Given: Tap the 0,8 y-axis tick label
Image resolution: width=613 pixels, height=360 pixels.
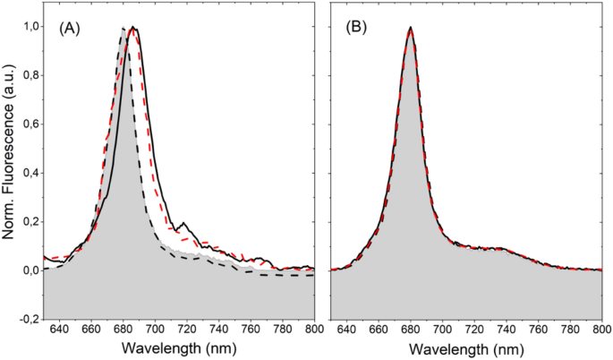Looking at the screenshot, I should (27, 76).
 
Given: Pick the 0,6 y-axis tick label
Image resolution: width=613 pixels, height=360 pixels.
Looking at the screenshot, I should (27, 124).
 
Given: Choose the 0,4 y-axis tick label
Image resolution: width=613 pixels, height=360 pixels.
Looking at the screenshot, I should (27, 173).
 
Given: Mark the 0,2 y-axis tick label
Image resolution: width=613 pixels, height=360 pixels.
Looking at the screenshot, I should (27, 221).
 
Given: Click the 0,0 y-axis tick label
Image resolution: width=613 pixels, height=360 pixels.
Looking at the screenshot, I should (27, 270).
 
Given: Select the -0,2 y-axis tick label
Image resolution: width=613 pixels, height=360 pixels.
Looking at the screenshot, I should (25, 318).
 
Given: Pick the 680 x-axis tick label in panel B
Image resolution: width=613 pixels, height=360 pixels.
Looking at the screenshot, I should (411, 329).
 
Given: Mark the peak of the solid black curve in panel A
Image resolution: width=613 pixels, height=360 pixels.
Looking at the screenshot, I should (132, 28).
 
